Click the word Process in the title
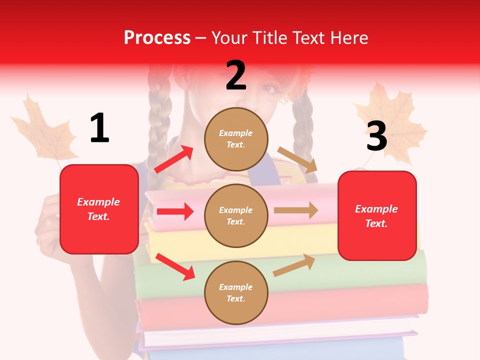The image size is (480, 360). point(157,38)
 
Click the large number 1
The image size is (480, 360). point(99,128)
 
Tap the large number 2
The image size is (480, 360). point(236,75)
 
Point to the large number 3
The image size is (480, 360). point(377,136)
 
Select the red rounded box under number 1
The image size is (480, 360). point(99,209)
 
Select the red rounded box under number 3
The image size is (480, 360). point(377,216)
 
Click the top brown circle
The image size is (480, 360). point(236,139)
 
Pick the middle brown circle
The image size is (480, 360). point(236,216)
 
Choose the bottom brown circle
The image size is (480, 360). point(236,293)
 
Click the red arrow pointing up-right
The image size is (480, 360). point(173,159)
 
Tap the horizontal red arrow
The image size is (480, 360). point(175,211)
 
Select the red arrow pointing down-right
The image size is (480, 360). point(175,266)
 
